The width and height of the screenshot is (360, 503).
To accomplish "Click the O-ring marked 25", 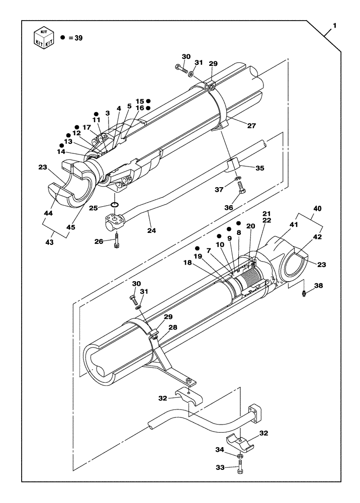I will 115,205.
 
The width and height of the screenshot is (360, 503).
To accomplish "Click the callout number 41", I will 293,226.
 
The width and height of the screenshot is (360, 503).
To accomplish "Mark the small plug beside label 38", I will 305,293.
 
